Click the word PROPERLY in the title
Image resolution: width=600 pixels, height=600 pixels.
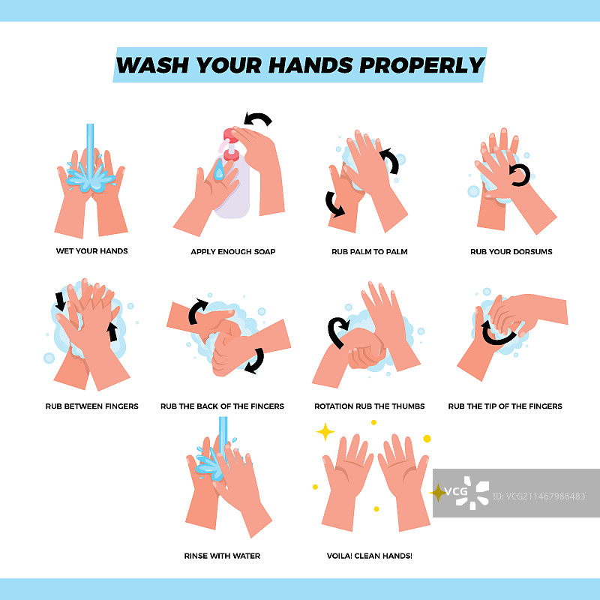tap(422, 65)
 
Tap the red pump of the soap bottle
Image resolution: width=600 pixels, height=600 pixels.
tap(231, 144)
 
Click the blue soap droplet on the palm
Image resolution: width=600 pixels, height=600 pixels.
tap(219, 169)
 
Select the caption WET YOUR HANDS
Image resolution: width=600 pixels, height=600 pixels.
tap(91, 251)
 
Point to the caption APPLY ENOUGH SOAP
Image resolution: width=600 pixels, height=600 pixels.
tap(233, 252)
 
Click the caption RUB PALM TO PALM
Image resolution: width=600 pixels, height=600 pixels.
tap(370, 252)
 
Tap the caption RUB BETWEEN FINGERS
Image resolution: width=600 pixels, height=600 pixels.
tap(91, 406)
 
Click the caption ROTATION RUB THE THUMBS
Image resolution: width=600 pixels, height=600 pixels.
tap(370, 406)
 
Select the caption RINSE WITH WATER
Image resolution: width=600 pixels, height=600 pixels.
tap(222, 556)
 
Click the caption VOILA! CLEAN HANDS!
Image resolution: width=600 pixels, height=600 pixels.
tap(370, 556)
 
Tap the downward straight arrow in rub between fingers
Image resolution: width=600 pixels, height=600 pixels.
tap(61, 301)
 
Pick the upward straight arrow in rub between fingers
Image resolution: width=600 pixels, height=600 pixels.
tap(112, 331)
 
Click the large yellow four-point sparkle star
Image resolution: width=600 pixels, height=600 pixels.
tap(325, 432)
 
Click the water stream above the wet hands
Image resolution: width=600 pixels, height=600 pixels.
tap(90, 149)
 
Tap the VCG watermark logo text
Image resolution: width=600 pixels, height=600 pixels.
tap(456, 491)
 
